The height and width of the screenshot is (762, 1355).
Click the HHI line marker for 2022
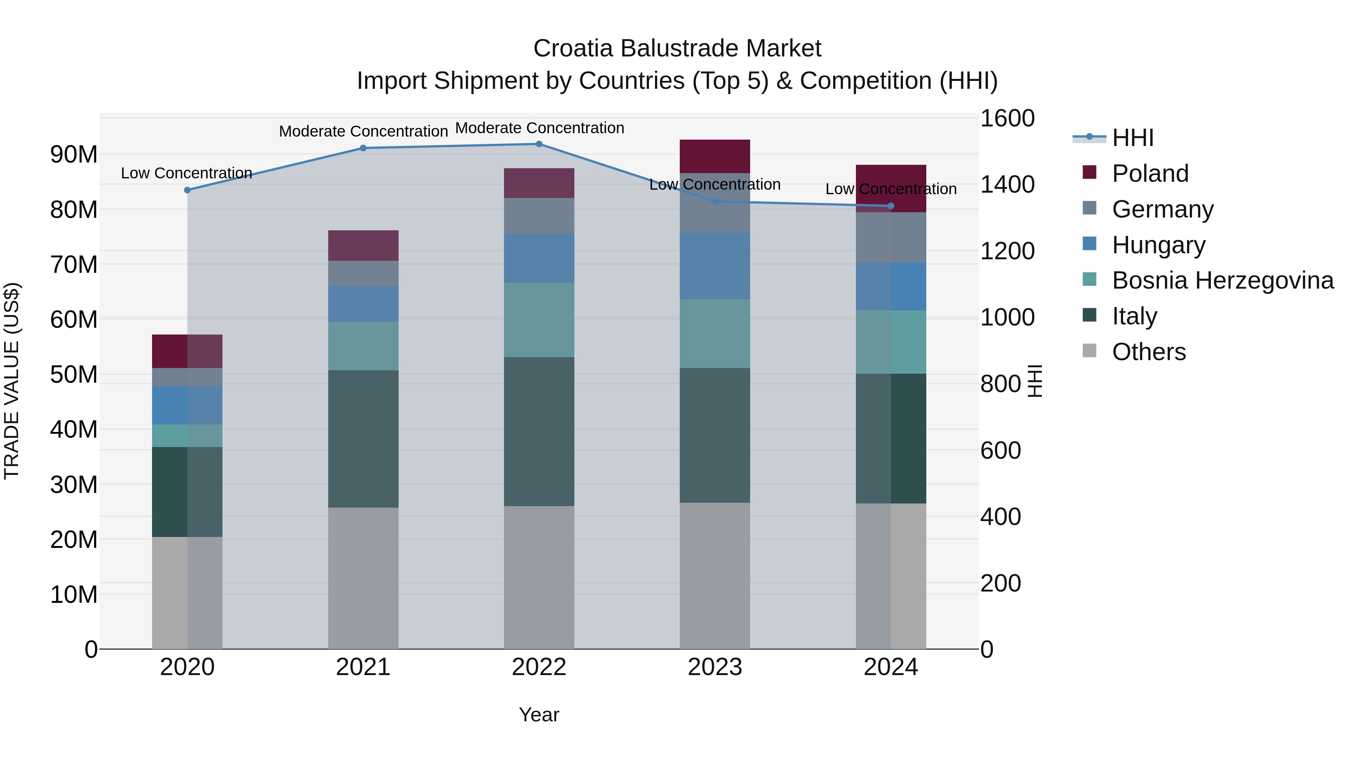[x=539, y=144]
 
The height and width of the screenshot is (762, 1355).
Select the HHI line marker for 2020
[x=187, y=190]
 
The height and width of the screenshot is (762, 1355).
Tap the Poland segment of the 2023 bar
[x=714, y=156]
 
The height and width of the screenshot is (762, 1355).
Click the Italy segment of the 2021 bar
[x=363, y=439]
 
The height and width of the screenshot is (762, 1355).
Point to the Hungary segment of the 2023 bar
[x=714, y=266]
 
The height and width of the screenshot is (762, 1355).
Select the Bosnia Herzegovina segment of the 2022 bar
[x=539, y=320]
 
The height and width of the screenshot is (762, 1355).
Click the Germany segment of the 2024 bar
[x=891, y=237]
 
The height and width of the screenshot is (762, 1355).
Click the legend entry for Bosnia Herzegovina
[x=1210, y=280]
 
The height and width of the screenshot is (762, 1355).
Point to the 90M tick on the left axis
[x=74, y=155]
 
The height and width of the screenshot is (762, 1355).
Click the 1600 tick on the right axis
[x=1007, y=118]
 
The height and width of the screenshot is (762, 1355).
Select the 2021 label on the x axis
[x=363, y=667]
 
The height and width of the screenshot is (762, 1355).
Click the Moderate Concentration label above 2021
[x=363, y=131]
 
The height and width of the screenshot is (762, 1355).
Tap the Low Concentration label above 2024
[x=891, y=189]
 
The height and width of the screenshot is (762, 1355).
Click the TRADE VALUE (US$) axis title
[x=12, y=381]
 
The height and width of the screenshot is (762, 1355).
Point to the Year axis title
[x=539, y=715]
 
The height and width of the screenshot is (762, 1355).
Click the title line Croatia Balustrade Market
[x=677, y=49]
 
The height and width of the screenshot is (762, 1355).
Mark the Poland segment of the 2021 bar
[x=363, y=246]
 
